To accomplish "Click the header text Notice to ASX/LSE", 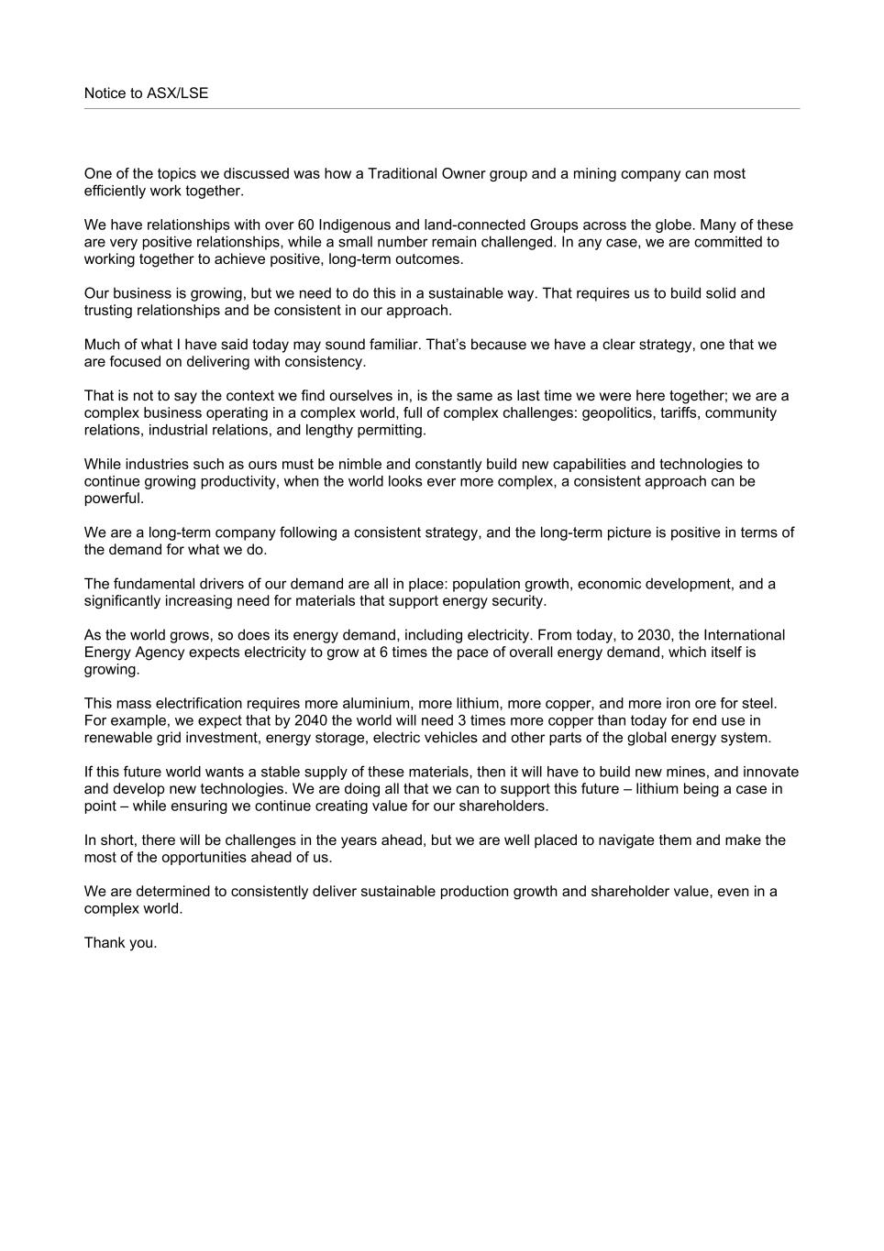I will pos(146,93).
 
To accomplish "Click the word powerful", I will pos(114,499).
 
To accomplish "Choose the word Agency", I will pos(159,653).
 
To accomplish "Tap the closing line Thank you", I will pos(120,943).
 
